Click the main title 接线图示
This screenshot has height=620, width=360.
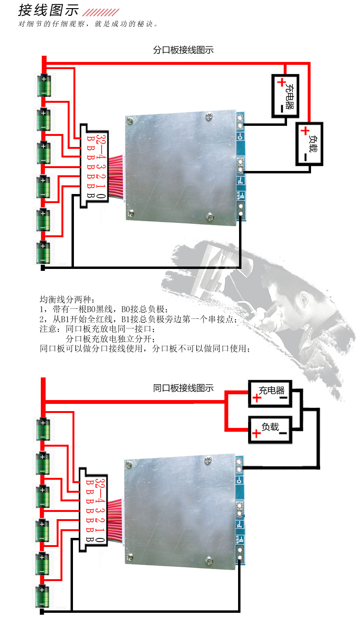coord(48,10)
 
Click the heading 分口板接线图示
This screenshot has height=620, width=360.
coord(183,50)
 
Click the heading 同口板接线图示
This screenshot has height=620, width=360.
coord(183,388)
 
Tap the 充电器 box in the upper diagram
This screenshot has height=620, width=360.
coord(285,96)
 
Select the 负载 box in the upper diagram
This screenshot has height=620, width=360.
coord(309,144)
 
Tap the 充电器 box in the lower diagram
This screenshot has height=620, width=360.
coord(270,394)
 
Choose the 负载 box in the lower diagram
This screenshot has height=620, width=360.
coord(270,430)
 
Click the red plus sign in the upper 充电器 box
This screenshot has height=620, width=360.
coord(281,82)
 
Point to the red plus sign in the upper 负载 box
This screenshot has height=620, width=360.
coord(305,131)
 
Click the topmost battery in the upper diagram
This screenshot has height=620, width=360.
coord(44,85)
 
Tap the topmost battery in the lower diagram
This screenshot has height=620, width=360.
coord(43,429)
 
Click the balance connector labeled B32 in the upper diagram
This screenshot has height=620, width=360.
coord(94,166)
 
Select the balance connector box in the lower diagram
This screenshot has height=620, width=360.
coord(93,510)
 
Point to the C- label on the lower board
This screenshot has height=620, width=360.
coord(240,480)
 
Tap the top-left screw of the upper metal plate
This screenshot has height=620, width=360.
coord(130,121)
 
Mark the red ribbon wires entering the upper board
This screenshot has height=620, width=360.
coord(117,176)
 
